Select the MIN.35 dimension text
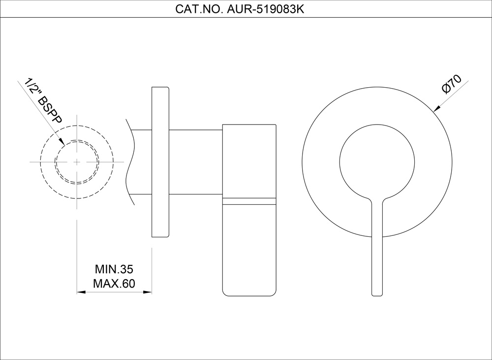[115, 270]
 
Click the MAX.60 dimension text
[114, 284]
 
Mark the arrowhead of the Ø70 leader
[435, 110]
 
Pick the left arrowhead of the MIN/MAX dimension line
[80, 292]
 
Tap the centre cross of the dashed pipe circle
[77, 162]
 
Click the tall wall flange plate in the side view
[160, 163]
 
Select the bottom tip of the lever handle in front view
[377, 294]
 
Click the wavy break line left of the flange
[131, 163]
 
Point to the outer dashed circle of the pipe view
[41, 162]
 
